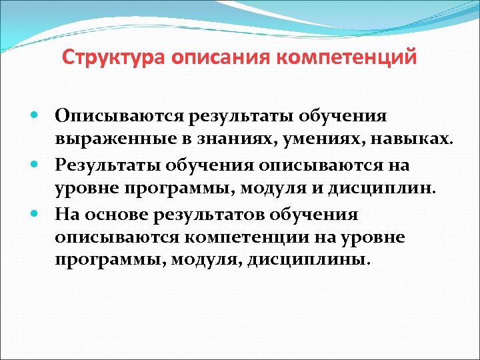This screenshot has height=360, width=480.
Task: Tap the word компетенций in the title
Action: click(346, 57)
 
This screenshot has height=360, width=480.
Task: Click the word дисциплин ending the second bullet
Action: click(393, 189)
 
